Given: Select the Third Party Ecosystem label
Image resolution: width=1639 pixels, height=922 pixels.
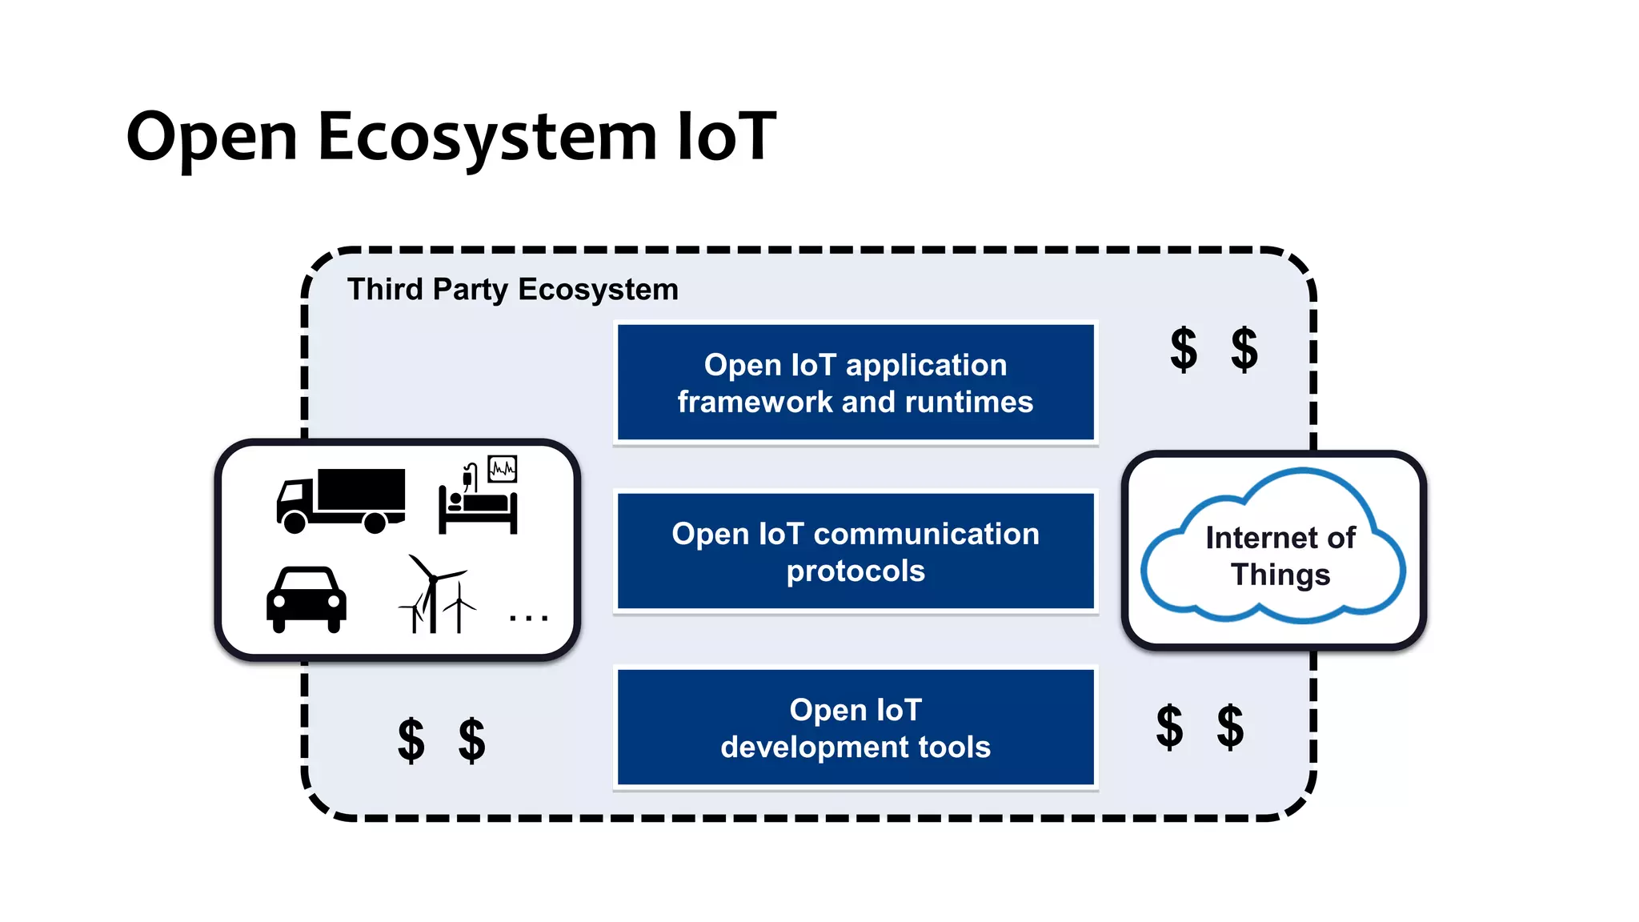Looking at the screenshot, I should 512,289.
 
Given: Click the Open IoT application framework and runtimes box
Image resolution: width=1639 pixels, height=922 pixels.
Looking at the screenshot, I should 855,383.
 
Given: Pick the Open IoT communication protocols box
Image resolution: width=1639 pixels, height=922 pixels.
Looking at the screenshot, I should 855,551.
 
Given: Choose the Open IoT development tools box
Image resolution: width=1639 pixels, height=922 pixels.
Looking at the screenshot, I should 855,728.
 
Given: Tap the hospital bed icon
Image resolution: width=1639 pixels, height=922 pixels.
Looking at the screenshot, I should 478,510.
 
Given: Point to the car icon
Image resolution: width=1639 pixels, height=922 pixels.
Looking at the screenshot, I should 307,599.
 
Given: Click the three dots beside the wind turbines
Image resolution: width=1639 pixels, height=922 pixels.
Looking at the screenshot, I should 529,618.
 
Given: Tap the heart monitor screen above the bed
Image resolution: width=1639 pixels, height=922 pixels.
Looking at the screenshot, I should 503,468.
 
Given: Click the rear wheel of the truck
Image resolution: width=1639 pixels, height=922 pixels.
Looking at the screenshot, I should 375,523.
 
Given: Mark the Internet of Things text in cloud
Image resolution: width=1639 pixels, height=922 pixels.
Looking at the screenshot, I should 1280,555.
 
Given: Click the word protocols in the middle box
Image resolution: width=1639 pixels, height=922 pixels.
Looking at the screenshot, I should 855,571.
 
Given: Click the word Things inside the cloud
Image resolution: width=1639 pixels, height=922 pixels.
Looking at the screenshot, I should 1280,575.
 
